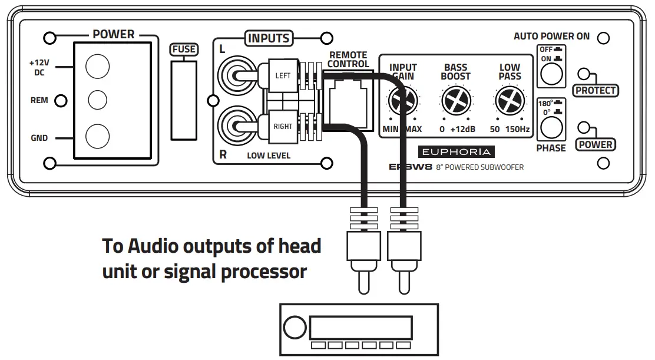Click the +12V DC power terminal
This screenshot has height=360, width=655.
click(98, 67)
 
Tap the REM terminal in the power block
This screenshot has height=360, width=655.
click(98, 101)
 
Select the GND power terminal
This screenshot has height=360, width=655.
click(98, 137)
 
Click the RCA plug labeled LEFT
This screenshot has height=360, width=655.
click(283, 76)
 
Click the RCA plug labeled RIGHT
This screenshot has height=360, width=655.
click(283, 126)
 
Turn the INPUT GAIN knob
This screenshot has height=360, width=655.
click(403, 101)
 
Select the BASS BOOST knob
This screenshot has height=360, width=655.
click(456, 101)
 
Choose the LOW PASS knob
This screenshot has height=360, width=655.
click(510, 101)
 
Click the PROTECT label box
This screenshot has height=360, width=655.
click(596, 91)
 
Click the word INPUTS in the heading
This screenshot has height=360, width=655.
click(269, 38)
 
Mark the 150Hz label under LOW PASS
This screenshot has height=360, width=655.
click(518, 128)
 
